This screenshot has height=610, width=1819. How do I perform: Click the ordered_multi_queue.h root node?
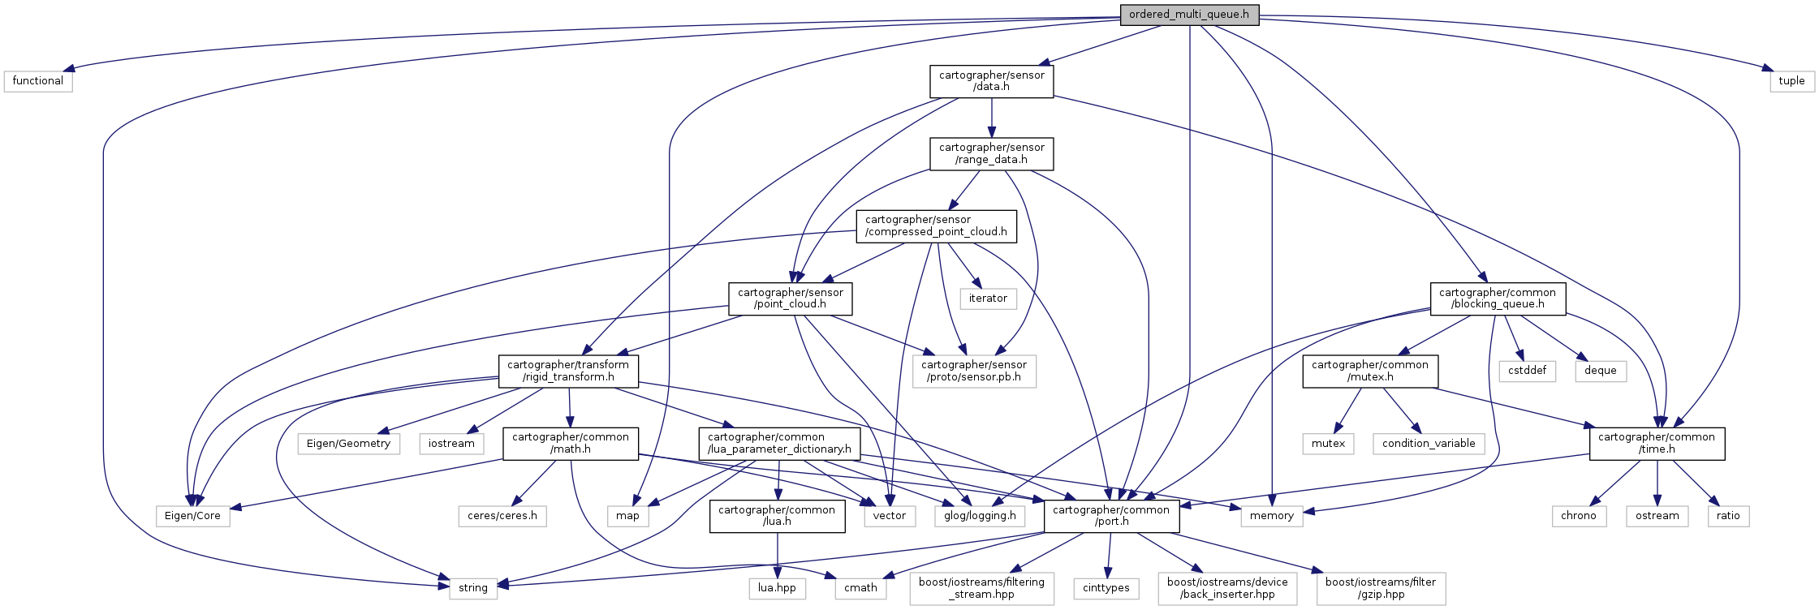point(1189,15)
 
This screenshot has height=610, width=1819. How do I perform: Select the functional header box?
point(38,81)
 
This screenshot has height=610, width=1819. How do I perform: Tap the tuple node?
point(1791,81)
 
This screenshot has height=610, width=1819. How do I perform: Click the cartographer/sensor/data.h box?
point(991,81)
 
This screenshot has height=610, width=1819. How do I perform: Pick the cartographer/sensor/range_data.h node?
point(991,153)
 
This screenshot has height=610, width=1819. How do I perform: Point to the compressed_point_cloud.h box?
point(936,226)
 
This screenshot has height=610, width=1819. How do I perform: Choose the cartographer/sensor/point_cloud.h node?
point(791,299)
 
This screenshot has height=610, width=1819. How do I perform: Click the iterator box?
point(988,299)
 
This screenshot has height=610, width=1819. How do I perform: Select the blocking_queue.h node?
point(1497,299)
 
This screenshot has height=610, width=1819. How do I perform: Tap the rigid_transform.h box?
point(568,371)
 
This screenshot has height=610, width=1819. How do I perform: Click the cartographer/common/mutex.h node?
point(1369,371)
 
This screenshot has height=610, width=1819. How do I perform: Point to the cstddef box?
point(1527,371)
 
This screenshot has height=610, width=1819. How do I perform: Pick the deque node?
point(1600,371)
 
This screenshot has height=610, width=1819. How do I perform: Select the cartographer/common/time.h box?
point(1656,443)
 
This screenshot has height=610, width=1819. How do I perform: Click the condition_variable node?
point(1429,444)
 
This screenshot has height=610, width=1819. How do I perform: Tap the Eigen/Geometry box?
point(348,444)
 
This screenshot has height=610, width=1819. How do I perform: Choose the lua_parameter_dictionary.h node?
point(778,443)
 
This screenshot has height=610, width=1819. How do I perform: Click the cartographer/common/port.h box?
point(1110,516)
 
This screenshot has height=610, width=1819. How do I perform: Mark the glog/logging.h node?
point(980,516)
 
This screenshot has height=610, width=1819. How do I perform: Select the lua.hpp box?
point(777,588)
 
